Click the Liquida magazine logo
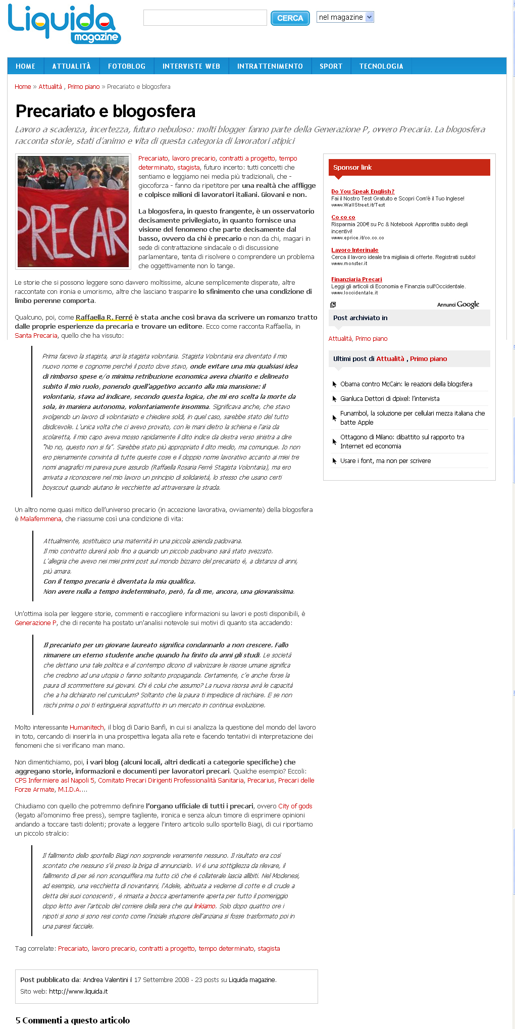64,24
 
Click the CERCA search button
290,18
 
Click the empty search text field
205,18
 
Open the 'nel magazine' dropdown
345,17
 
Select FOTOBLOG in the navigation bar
126,66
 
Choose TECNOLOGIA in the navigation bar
381,66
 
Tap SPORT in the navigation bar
331,66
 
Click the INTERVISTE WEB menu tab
191,66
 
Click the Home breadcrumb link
23,87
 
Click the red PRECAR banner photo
73,212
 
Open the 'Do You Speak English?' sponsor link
363,191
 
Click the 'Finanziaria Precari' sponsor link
356,279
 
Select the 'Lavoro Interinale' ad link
354,250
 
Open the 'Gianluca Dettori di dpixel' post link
390,399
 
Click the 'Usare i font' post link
385,461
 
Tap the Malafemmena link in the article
41,519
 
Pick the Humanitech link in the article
86,728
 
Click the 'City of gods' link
295,806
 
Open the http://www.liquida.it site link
78,991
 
